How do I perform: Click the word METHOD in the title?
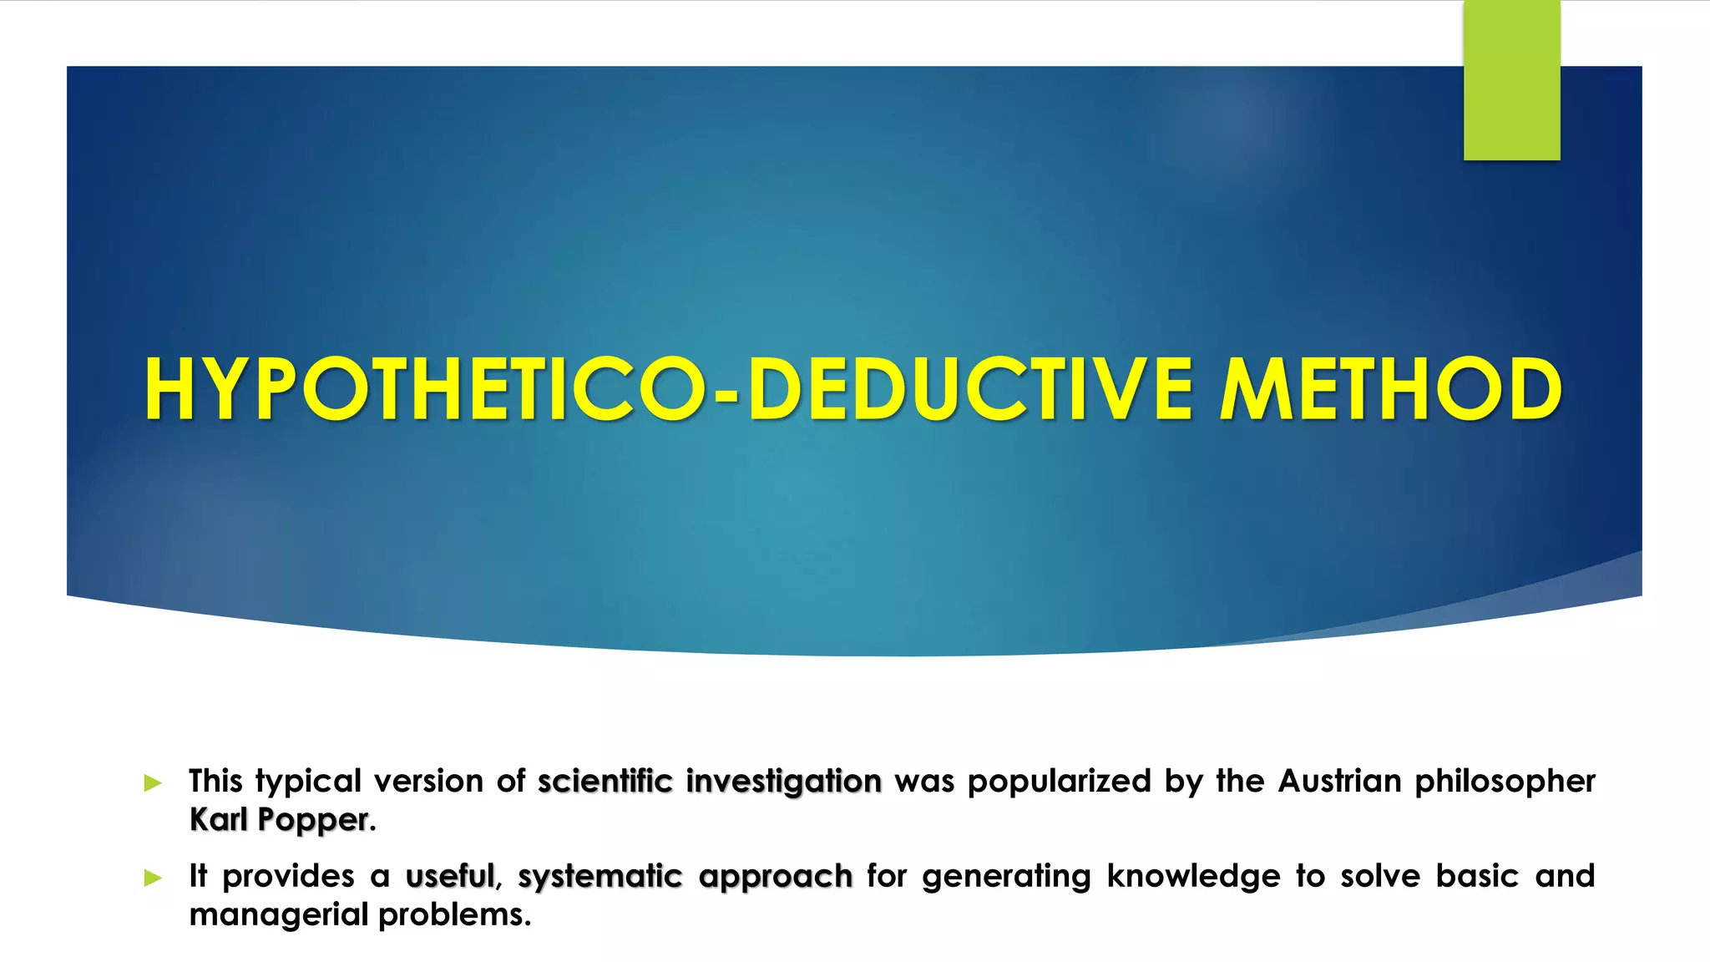click(1390, 389)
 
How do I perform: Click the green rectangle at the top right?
click(1511, 80)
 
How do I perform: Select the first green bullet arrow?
click(153, 782)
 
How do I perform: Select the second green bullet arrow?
click(153, 878)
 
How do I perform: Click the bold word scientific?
click(605, 782)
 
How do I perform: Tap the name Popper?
click(313, 821)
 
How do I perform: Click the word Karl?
click(218, 820)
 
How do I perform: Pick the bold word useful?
click(450, 877)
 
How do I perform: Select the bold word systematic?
click(600, 877)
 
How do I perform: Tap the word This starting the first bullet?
click(215, 782)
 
